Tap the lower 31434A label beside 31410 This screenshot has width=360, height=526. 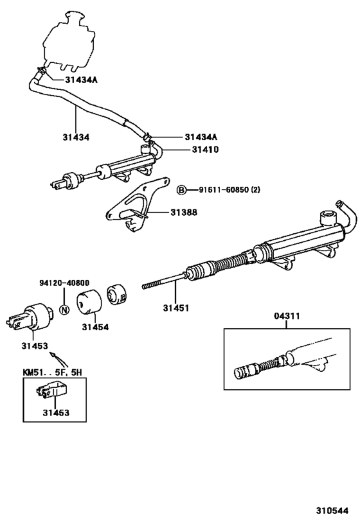tap(201, 137)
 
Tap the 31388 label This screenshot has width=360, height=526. tap(184, 213)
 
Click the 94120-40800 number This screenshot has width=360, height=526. tap(64, 283)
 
